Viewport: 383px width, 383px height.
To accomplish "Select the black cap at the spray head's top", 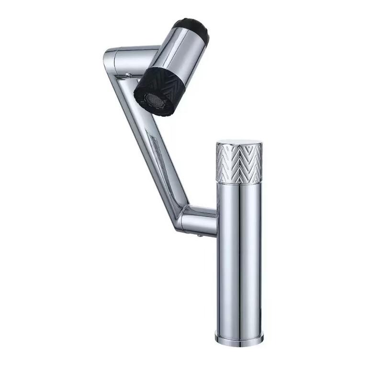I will (x=195, y=30).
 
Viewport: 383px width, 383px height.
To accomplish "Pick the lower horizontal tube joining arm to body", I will (x=201, y=220).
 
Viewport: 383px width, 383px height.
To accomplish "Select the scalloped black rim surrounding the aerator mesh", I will (x=144, y=103).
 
